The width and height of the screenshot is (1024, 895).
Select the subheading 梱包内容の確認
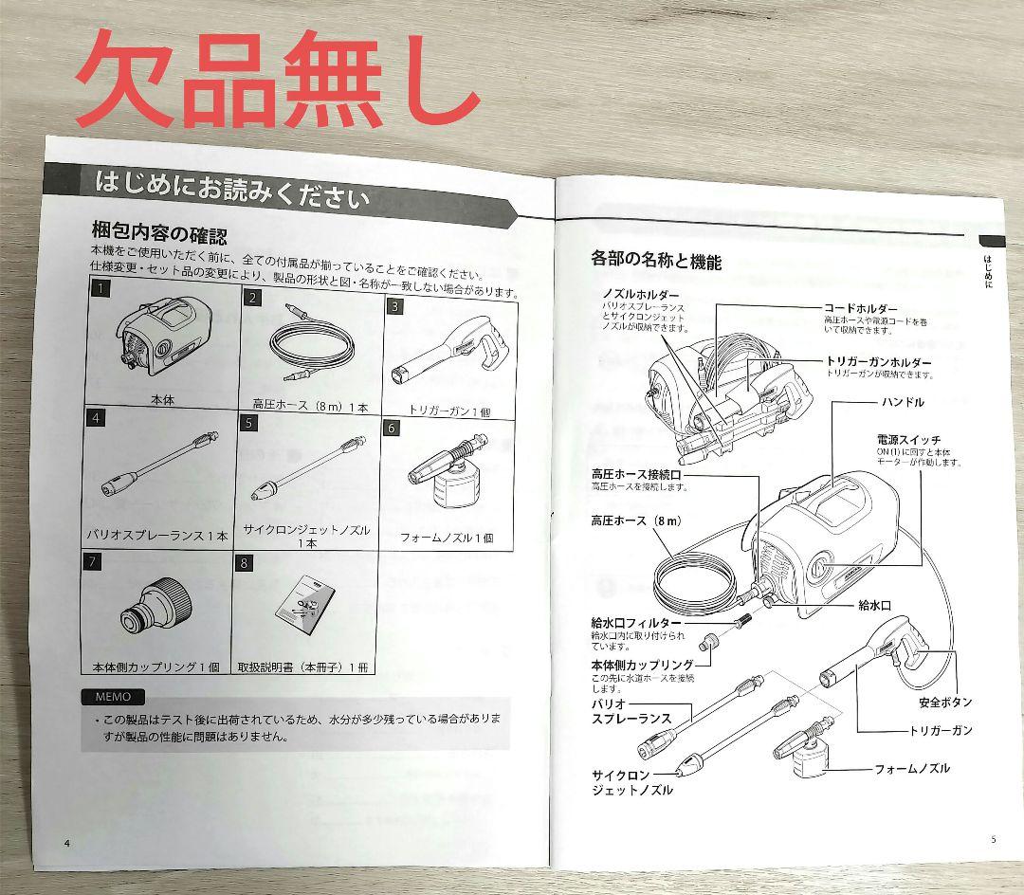pyautogui.click(x=158, y=233)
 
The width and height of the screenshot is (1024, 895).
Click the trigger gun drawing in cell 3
pyautogui.click(x=448, y=350)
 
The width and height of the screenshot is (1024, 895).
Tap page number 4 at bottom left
pyautogui.click(x=67, y=843)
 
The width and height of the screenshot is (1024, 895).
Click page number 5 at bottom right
pyautogui.click(x=993, y=839)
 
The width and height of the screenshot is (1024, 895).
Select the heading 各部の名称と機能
pyautogui.click(x=656, y=261)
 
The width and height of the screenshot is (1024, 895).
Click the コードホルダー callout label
pyautogui.click(x=859, y=309)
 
